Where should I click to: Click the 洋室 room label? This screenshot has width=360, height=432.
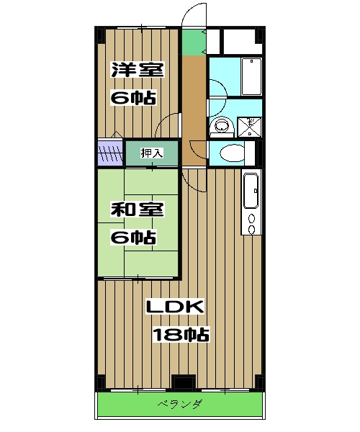[137, 71]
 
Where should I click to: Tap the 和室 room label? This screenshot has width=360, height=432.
[137, 211]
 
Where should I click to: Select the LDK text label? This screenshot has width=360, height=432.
[175, 307]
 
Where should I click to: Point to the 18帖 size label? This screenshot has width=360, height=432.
[180, 334]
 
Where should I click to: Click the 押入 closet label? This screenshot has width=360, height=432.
[151, 153]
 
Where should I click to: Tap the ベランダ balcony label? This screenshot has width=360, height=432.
[179, 405]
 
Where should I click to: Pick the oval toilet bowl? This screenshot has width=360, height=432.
[233, 153]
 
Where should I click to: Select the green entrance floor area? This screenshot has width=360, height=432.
[192, 42]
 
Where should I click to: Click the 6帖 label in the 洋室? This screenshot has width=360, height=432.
[134, 97]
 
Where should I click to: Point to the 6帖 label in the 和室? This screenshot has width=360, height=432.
[134, 236]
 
